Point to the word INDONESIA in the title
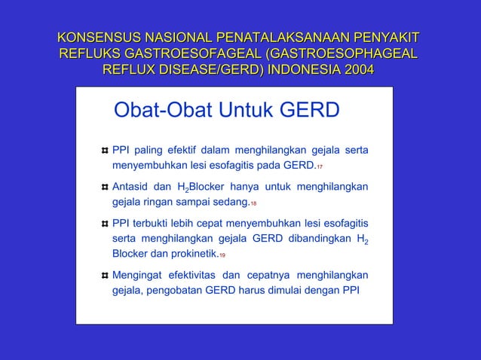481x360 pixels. (x=296, y=70)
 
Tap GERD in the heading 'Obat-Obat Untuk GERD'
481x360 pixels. (x=310, y=111)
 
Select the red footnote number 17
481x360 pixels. (x=320, y=166)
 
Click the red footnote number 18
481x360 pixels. (x=254, y=203)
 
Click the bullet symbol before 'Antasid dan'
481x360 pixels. (x=104, y=187)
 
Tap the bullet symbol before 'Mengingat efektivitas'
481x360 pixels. (x=104, y=275)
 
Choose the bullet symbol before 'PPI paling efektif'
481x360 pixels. (x=104, y=148)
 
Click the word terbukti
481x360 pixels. (x=155, y=223)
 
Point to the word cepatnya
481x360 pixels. (x=273, y=275)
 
